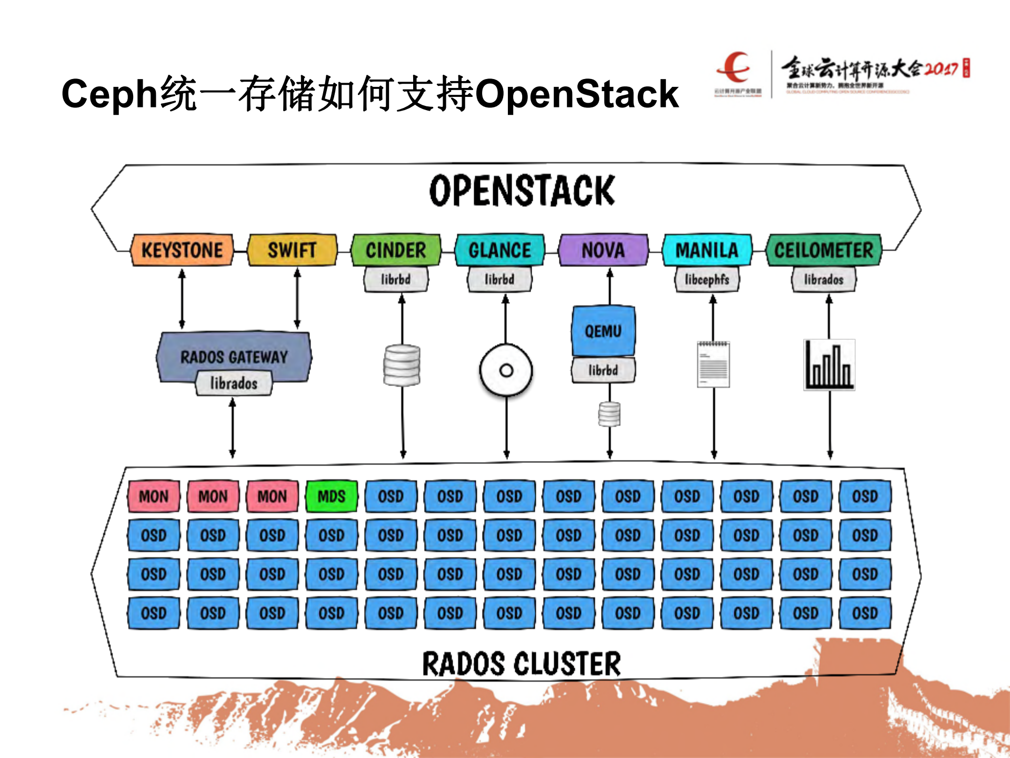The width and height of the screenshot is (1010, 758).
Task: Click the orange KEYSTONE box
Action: pos(182,250)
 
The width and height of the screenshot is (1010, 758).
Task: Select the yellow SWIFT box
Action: pos(292,250)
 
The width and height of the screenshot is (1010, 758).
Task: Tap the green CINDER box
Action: pos(396,250)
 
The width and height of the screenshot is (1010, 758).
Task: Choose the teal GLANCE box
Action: pos(499,250)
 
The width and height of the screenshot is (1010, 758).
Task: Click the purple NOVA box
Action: pos(603,250)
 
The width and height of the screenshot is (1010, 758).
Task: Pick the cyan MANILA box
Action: pos(707,250)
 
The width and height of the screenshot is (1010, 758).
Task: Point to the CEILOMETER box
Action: pos(824,250)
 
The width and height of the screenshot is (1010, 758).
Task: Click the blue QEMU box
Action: pos(603,331)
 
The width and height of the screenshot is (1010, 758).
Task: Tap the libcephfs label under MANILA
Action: pos(707,279)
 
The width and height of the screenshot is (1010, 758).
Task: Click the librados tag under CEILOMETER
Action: pos(824,279)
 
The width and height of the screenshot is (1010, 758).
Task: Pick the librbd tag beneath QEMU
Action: pos(603,370)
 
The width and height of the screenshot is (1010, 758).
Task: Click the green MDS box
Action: pos(332,496)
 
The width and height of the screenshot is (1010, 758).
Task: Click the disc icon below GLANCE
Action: pos(506,370)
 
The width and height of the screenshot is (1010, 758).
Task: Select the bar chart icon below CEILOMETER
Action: pos(829,365)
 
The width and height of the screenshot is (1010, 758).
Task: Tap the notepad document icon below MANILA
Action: pos(713,364)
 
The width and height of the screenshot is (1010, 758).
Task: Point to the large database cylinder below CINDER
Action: pos(402,365)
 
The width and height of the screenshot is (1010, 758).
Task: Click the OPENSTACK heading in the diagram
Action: pos(522,191)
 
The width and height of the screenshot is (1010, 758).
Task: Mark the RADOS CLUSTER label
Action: pos(522,664)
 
